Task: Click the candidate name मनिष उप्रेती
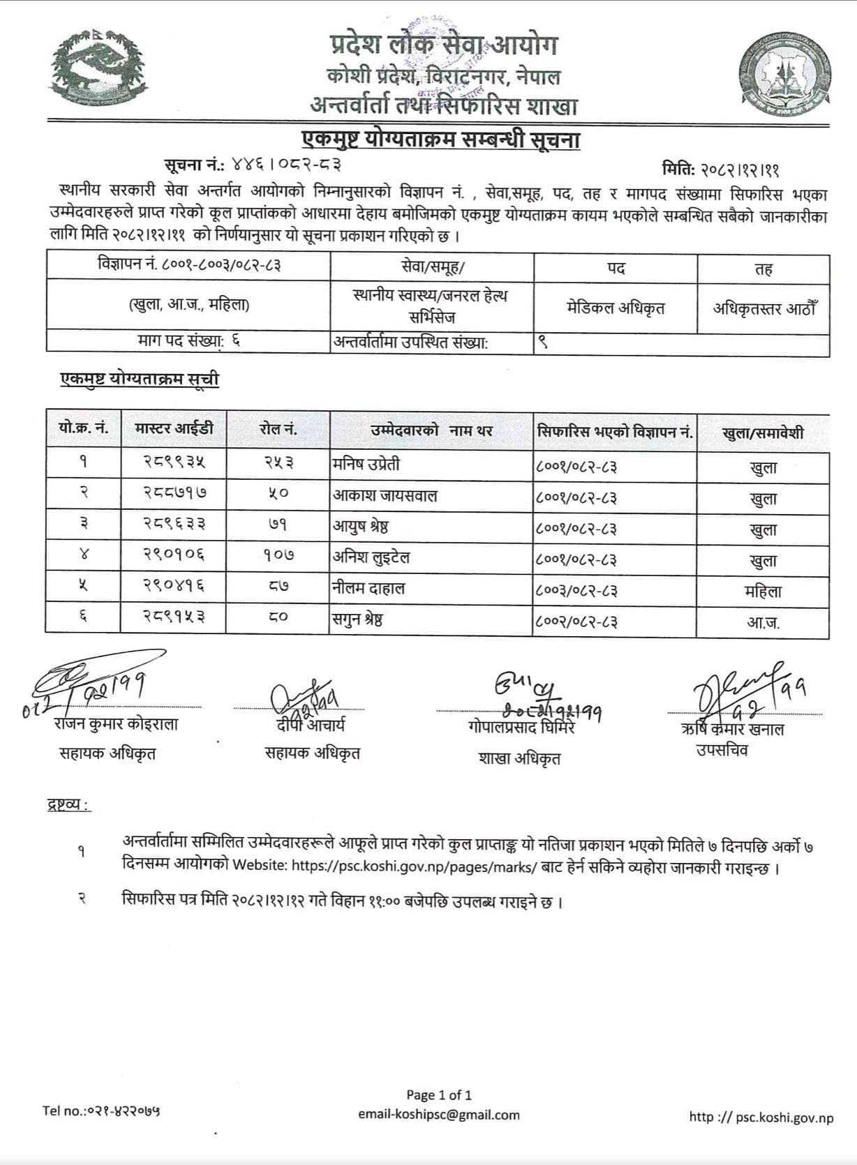(366, 465)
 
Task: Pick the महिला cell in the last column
(763, 592)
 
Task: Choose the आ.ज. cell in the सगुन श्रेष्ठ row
(763, 622)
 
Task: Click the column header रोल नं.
(278, 430)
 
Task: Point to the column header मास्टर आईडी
(174, 429)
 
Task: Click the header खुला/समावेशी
(763, 433)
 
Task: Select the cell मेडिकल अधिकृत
(616, 308)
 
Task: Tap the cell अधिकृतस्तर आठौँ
(763, 308)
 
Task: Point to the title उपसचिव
(722, 751)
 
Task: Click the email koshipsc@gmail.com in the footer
(439, 1115)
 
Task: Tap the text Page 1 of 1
(439, 1095)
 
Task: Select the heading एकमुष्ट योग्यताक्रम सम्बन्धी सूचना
(441, 140)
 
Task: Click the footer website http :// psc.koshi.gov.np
(761, 1117)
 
